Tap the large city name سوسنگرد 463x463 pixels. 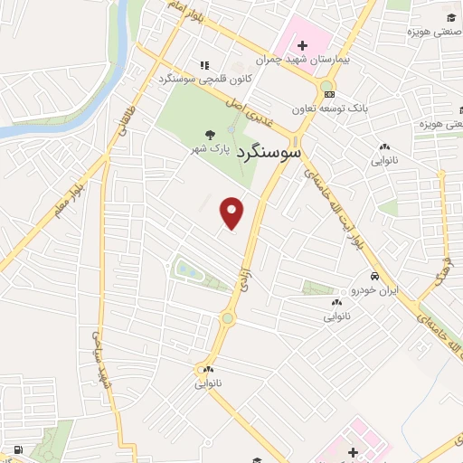(x=269, y=153)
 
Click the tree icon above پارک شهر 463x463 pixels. (x=210, y=130)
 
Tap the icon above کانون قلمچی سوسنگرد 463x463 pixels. (x=204, y=65)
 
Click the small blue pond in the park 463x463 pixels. (x=185, y=269)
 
